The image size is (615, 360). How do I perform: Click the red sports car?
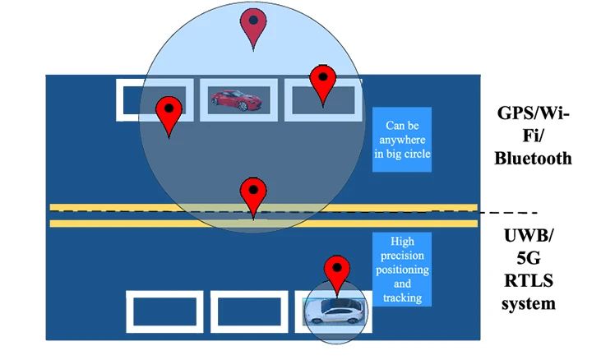(x=236, y=100)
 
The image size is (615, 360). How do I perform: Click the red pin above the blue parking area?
(x=254, y=27)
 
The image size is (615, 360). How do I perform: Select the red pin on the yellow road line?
(x=252, y=196)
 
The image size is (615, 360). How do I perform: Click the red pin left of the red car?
(x=169, y=114)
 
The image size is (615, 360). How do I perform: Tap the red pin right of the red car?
(x=322, y=84)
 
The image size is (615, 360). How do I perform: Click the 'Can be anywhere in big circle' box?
(x=402, y=139)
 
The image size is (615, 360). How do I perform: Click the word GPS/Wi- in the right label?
(x=532, y=113)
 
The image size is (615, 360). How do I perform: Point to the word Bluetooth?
(x=532, y=159)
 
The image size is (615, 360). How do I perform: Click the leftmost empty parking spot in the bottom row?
(x=164, y=312)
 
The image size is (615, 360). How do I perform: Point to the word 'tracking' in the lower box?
(x=401, y=298)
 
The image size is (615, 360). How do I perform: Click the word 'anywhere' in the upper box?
(x=402, y=140)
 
